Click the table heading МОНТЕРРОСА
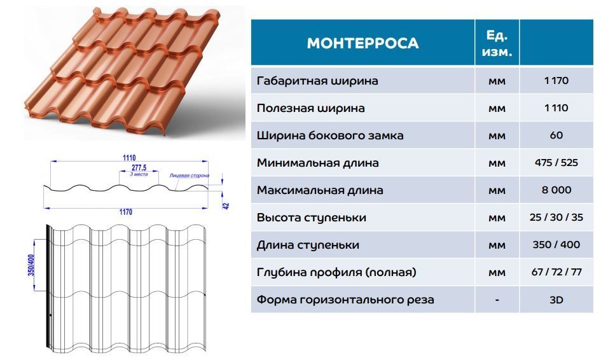tap(363, 43)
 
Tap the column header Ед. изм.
tap(497, 43)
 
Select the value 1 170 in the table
tap(556, 81)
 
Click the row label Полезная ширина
tap(310, 108)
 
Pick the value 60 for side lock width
tap(556, 135)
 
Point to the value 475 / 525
tap(556, 163)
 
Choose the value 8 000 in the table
tap(556, 190)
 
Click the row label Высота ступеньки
tap(311, 218)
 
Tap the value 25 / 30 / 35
tap(556, 218)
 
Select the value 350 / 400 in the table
tap(556, 245)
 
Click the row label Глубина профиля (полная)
tap(336, 272)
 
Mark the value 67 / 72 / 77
tap(556, 272)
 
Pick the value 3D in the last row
tap(556, 300)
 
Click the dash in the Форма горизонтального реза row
tap(497, 300)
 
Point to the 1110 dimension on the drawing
tap(129, 158)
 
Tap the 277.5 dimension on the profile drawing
tap(139, 167)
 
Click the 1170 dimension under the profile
tap(126, 212)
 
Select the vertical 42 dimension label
tap(226, 205)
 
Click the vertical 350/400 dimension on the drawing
tap(31, 265)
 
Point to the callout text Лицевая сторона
tap(190, 176)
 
